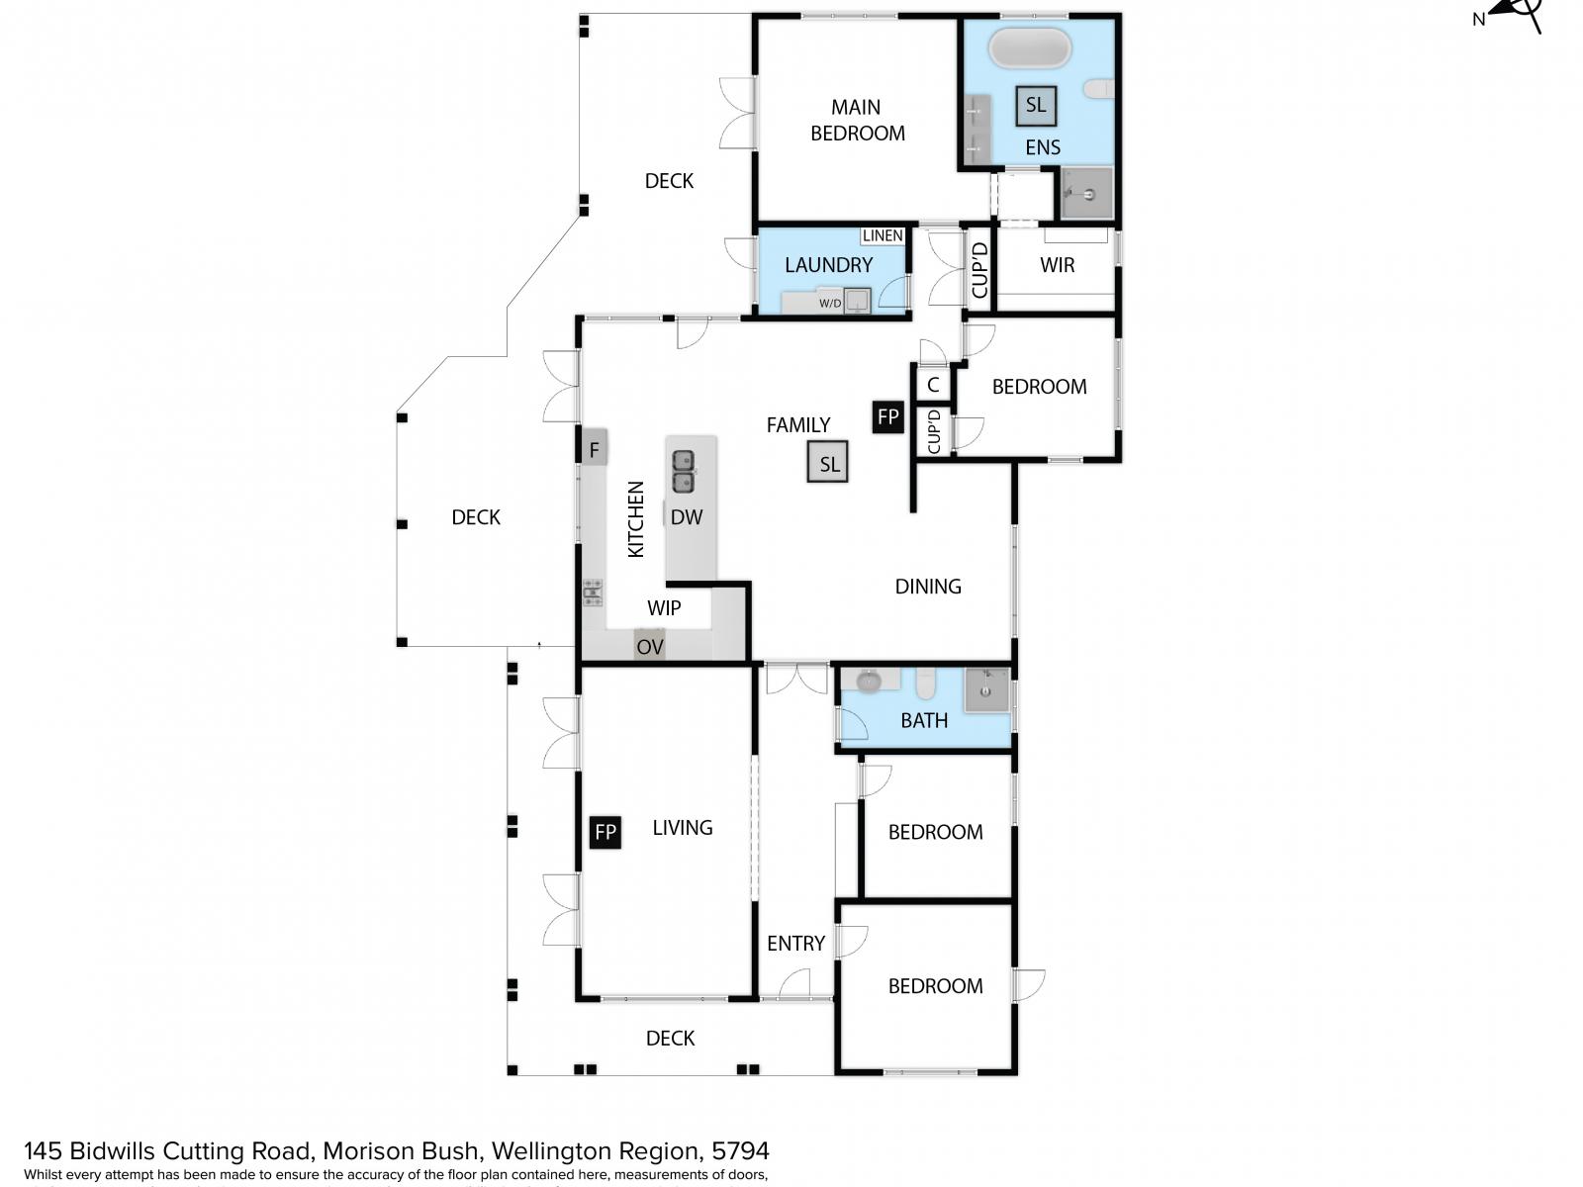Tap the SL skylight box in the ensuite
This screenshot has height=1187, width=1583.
pyautogui.click(x=1035, y=105)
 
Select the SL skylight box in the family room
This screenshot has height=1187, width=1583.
pyautogui.click(x=828, y=463)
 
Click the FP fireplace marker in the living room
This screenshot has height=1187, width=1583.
pyautogui.click(x=605, y=832)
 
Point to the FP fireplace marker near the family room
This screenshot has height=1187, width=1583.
pyautogui.click(x=887, y=416)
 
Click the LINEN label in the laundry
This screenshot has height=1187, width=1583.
pyautogui.click(x=883, y=235)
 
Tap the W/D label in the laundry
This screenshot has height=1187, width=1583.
pyautogui.click(x=830, y=303)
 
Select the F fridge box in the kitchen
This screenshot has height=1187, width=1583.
pyautogui.click(x=594, y=450)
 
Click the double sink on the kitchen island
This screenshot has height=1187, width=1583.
pyautogui.click(x=683, y=472)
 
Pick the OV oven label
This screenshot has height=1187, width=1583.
pyautogui.click(x=649, y=647)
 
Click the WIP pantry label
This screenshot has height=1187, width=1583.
pyautogui.click(x=664, y=608)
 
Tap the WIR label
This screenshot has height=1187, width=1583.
pyautogui.click(x=1057, y=265)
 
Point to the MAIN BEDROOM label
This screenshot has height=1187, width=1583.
pyautogui.click(x=857, y=120)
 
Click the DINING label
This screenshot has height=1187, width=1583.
pyautogui.click(x=927, y=587)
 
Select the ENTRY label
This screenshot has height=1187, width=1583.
pyautogui.click(x=795, y=944)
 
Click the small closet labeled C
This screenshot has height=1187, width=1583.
pyautogui.click(x=933, y=385)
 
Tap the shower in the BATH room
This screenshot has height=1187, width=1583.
pyautogui.click(x=986, y=690)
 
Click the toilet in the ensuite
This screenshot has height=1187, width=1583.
pyautogui.click(x=1098, y=89)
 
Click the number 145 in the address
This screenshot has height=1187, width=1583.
pyautogui.click(x=43, y=1151)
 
